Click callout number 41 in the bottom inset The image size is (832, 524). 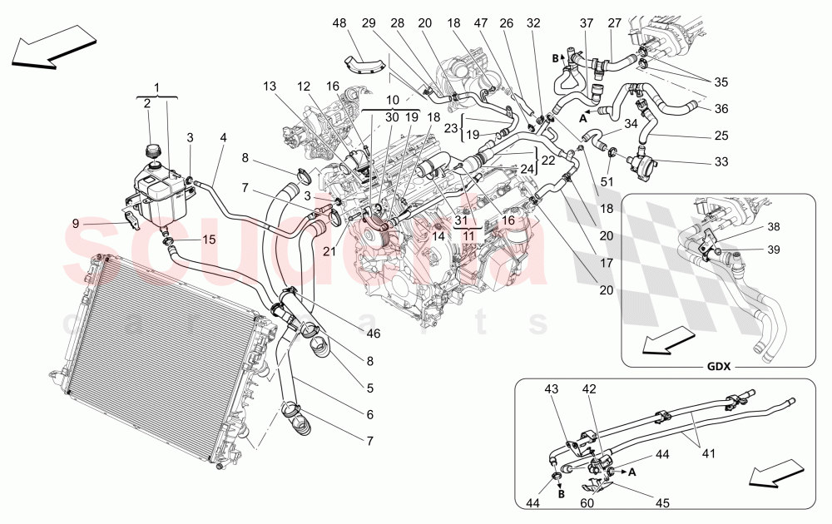click(x=708, y=454)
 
